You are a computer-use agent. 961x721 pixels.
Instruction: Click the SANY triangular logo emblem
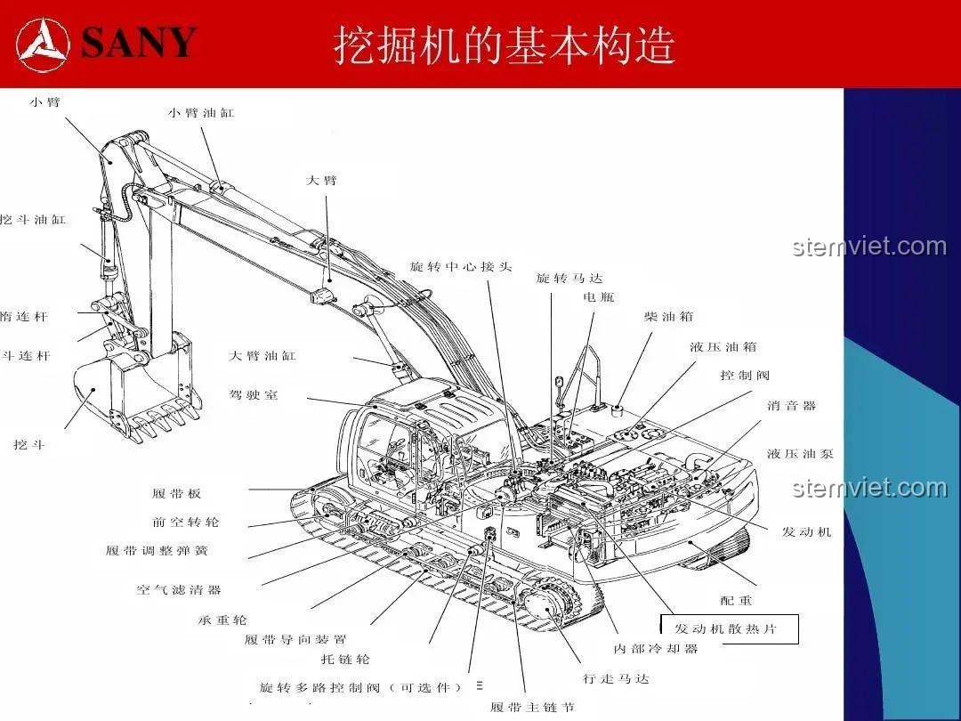click(43, 44)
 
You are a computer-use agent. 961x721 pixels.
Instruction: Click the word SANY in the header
click(139, 43)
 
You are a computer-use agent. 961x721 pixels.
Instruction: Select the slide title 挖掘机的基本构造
click(505, 45)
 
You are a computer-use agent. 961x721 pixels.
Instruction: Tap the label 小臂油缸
click(201, 113)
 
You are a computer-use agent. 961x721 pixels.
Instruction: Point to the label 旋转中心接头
click(461, 267)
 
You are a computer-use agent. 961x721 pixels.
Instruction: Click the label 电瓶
click(599, 296)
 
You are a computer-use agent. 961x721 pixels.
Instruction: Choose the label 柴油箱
click(668, 317)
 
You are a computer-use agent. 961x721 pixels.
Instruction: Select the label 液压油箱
click(723, 347)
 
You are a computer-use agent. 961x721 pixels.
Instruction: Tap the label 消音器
click(791, 406)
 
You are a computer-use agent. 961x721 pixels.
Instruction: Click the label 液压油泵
click(800, 454)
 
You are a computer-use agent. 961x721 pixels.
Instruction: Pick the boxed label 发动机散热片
click(726, 629)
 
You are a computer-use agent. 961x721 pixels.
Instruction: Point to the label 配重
click(736, 601)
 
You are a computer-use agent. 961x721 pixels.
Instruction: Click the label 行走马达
click(616, 679)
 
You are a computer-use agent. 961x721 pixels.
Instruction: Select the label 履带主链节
click(532, 708)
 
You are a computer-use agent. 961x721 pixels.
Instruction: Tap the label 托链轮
click(345, 660)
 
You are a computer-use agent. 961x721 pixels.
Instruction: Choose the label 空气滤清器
click(179, 590)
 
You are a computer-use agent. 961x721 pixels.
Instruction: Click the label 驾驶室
click(254, 394)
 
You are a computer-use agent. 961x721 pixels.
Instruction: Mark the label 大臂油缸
click(262, 356)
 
